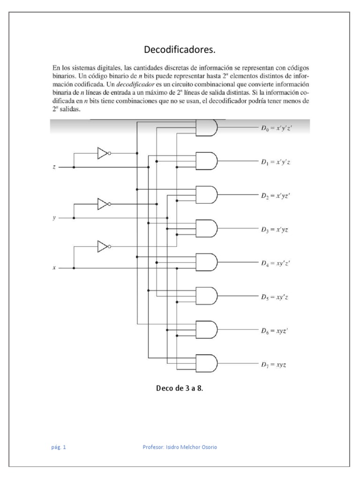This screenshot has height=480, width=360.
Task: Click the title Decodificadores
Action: pos(180,50)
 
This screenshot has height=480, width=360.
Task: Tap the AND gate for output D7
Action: pos(206,363)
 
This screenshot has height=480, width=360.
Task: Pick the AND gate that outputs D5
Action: pos(206,295)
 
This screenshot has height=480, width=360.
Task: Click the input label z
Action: pos(54,167)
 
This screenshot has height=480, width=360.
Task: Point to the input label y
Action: pos(54,218)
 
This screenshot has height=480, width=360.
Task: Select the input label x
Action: pos(54,268)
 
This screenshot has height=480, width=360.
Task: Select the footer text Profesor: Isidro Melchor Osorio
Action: pos(180,447)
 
